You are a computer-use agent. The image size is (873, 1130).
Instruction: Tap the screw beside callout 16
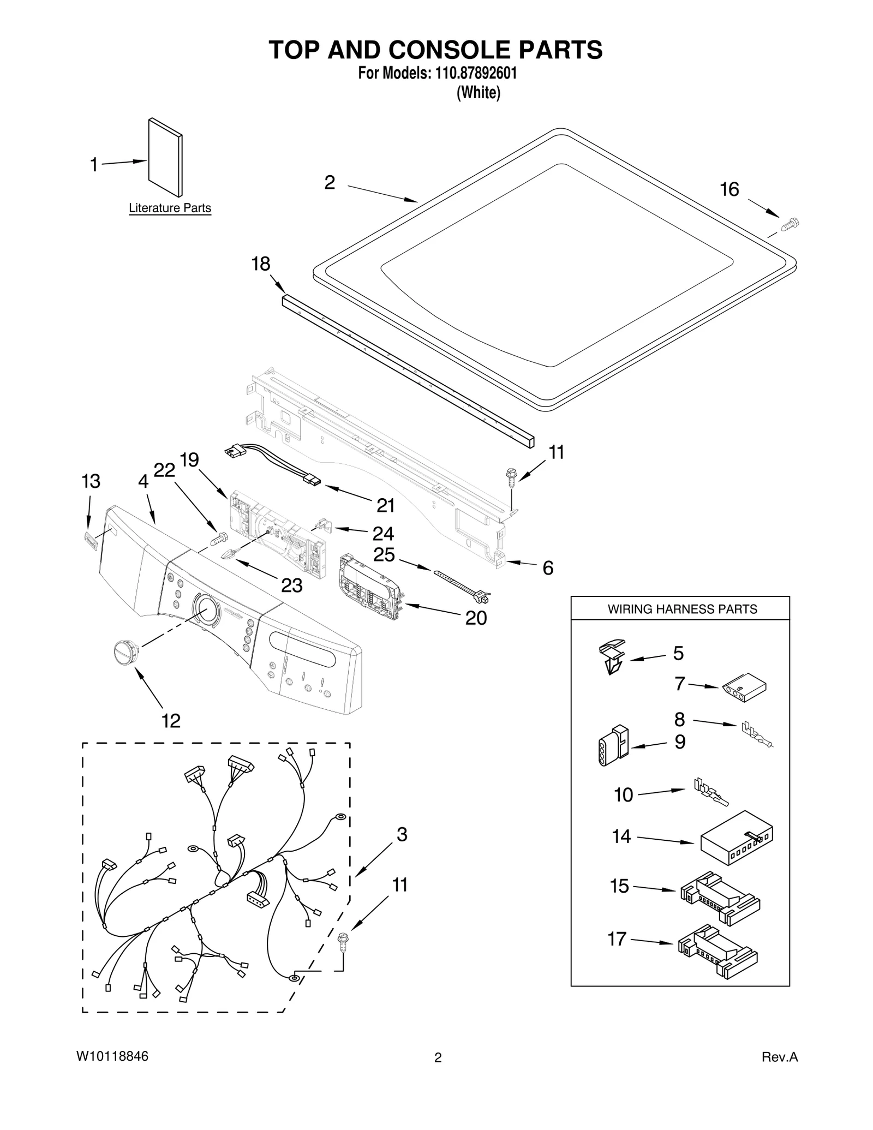(x=790, y=224)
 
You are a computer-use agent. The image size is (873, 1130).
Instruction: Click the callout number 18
(x=260, y=264)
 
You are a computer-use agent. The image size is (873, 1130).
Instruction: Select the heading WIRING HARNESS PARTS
(x=682, y=609)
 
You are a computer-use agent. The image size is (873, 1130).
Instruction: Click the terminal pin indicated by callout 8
(x=756, y=735)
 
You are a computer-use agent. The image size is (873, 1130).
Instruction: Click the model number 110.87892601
(x=475, y=73)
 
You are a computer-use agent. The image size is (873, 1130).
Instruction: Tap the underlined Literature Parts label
(x=170, y=208)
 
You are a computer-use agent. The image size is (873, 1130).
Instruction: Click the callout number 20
(x=475, y=618)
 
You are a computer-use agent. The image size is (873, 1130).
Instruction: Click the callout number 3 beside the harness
(x=402, y=834)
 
